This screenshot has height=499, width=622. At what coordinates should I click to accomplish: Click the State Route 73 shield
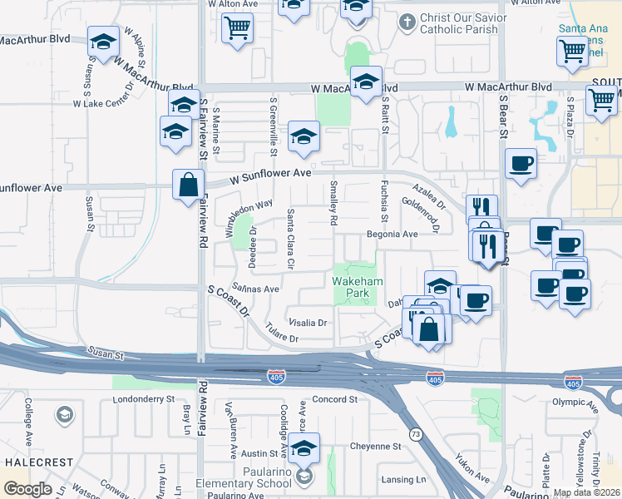click(x=414, y=434)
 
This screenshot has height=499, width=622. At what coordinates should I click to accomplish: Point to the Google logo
click(x=27, y=489)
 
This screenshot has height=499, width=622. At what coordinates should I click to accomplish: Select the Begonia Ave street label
click(x=392, y=235)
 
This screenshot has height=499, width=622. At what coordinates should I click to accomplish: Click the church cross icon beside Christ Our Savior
click(x=407, y=21)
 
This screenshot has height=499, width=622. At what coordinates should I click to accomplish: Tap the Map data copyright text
click(x=586, y=492)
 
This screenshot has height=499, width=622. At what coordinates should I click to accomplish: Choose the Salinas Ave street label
click(x=255, y=289)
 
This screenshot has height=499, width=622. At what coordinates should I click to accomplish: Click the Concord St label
click(x=334, y=400)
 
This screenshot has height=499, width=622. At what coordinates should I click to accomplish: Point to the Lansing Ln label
click(x=403, y=480)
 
